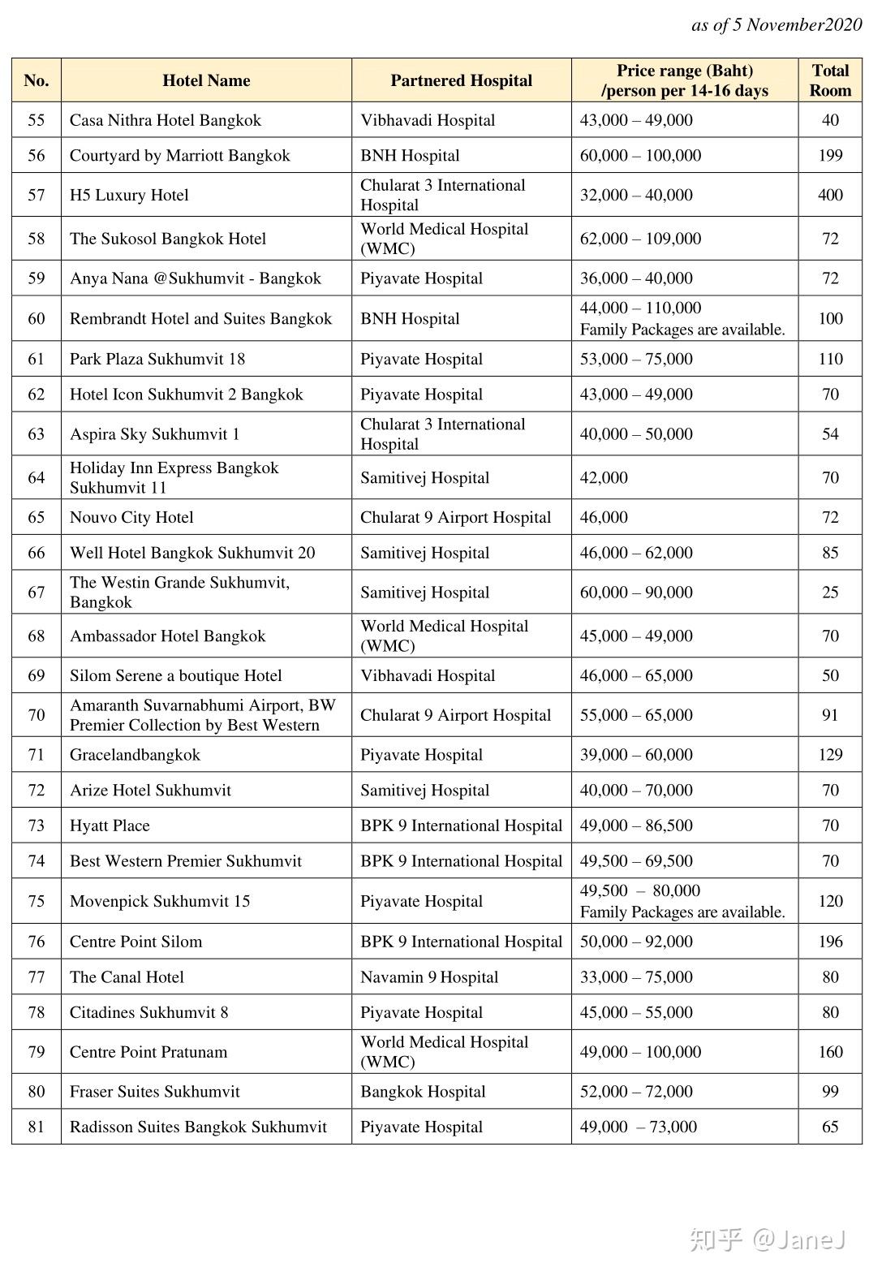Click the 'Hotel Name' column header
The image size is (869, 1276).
(x=206, y=80)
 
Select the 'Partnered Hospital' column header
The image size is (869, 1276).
(x=461, y=80)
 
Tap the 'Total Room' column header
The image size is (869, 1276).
(x=830, y=80)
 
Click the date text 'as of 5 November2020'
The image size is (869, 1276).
(x=777, y=25)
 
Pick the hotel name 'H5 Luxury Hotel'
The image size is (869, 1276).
(x=129, y=195)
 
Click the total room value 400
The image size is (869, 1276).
(x=830, y=195)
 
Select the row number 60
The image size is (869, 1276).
(x=37, y=318)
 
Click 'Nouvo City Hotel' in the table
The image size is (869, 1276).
(x=131, y=517)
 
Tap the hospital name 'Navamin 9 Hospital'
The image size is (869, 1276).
(x=429, y=976)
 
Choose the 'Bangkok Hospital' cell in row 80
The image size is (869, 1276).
(x=423, y=1091)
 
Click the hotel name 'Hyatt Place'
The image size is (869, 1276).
(x=110, y=826)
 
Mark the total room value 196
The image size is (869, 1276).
(x=830, y=942)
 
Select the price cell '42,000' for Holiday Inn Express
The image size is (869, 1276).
(x=604, y=477)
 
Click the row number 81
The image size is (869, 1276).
(x=37, y=1127)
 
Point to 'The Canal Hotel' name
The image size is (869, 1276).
(x=127, y=976)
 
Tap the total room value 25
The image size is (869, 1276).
(x=830, y=593)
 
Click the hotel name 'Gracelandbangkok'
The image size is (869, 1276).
(x=135, y=755)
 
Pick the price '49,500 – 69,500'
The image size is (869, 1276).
(x=636, y=861)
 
